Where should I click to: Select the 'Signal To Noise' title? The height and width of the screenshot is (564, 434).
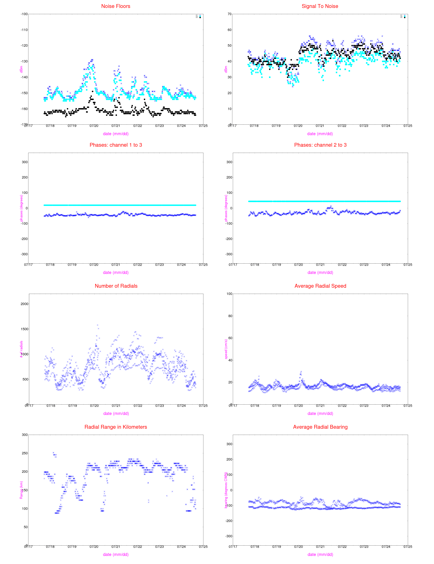pyautogui.click(x=320, y=6)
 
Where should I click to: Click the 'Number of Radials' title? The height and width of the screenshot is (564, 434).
pyautogui.click(x=116, y=286)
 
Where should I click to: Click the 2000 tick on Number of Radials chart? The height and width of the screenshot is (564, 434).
pyautogui.click(x=24, y=304)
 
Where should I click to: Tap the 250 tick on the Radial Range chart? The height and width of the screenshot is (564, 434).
pyautogui.click(x=24, y=453)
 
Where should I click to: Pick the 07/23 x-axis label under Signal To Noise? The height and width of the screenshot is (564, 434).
pyautogui.click(x=364, y=126)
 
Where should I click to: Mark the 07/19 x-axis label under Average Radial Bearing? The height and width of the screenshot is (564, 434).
pyautogui.click(x=276, y=547)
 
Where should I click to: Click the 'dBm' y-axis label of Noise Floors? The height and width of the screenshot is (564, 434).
pyautogui.click(x=21, y=69)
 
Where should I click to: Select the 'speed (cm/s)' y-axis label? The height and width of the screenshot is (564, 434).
pyautogui.click(x=226, y=349)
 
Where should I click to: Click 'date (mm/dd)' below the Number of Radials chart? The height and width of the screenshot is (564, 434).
pyautogui.click(x=116, y=414)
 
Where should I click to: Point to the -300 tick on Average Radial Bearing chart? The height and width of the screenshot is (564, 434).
pyautogui.click(x=229, y=536)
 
